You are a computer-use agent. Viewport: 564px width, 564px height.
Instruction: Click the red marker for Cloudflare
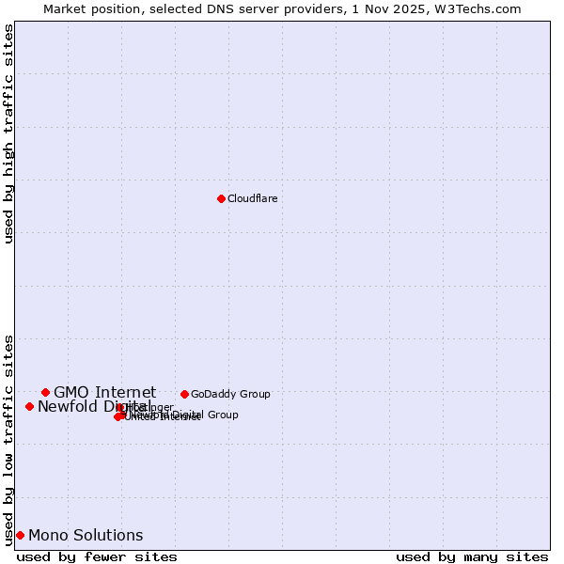[221, 198]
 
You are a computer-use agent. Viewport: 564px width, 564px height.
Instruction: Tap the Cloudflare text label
[252, 198]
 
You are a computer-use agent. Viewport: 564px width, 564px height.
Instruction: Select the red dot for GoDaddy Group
[184, 394]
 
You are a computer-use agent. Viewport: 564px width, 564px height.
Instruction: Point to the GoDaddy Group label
[230, 394]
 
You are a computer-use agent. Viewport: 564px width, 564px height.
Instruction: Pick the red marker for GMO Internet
[45, 392]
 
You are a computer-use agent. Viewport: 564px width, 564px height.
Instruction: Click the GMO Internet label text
[104, 392]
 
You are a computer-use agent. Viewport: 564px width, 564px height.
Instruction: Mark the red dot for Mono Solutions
[20, 535]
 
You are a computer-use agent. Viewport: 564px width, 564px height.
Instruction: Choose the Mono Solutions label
[86, 535]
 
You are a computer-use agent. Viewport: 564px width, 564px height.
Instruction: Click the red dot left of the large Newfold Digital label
[29, 406]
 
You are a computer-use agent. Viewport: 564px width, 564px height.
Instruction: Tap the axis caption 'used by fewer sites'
[97, 556]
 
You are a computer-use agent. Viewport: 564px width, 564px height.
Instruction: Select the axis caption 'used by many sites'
[472, 556]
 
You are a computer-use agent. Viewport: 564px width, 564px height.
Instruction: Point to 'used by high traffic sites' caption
[9, 133]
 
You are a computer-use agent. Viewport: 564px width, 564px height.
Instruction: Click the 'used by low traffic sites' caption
[9, 439]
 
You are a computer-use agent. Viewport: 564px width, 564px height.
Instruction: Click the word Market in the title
[63, 8]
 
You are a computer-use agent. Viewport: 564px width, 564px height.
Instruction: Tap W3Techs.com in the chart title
[481, 8]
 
